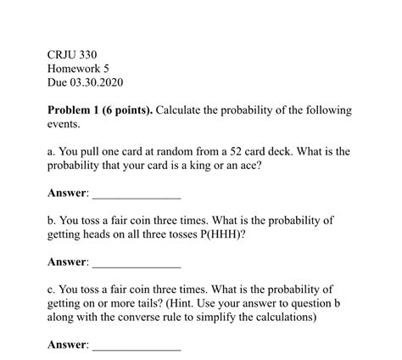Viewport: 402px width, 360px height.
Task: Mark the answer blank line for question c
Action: [x=136, y=349]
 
